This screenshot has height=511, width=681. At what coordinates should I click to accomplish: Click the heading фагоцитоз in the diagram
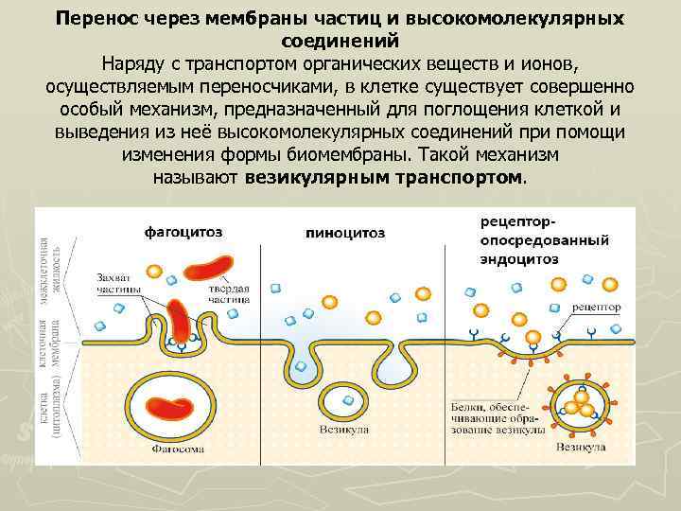[185, 231]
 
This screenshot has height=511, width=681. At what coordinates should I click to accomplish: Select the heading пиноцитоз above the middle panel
[346, 232]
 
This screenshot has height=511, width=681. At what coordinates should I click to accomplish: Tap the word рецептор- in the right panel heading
[516, 220]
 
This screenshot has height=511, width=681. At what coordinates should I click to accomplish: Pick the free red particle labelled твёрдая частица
[206, 265]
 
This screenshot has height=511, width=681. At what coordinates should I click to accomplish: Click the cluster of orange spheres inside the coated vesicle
[578, 407]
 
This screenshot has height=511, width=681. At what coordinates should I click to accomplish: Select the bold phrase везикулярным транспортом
[383, 177]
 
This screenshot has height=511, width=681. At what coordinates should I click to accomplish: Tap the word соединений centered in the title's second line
[340, 41]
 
